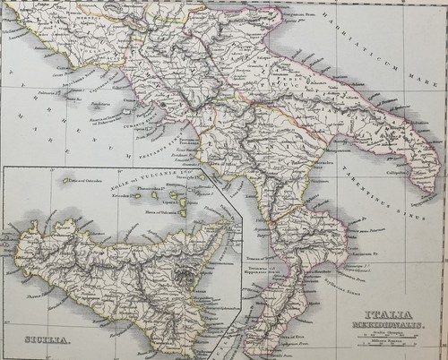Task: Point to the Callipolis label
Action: tap(401, 166)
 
